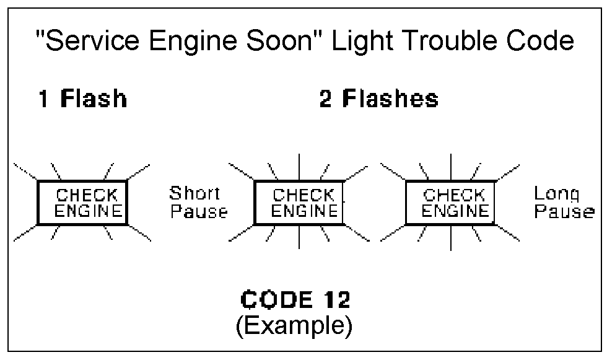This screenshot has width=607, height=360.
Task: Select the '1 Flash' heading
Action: click(82, 100)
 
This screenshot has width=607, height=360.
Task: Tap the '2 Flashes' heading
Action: click(378, 100)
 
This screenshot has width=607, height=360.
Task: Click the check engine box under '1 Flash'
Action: click(82, 203)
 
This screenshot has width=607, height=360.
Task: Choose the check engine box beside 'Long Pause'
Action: click(450, 203)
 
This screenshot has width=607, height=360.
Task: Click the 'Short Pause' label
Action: click(198, 203)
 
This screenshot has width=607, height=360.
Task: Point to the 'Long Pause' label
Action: click(564, 203)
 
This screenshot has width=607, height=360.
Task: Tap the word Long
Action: click(557, 194)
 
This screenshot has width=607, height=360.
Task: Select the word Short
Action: click(194, 194)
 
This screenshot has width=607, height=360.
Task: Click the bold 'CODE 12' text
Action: click(295, 301)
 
